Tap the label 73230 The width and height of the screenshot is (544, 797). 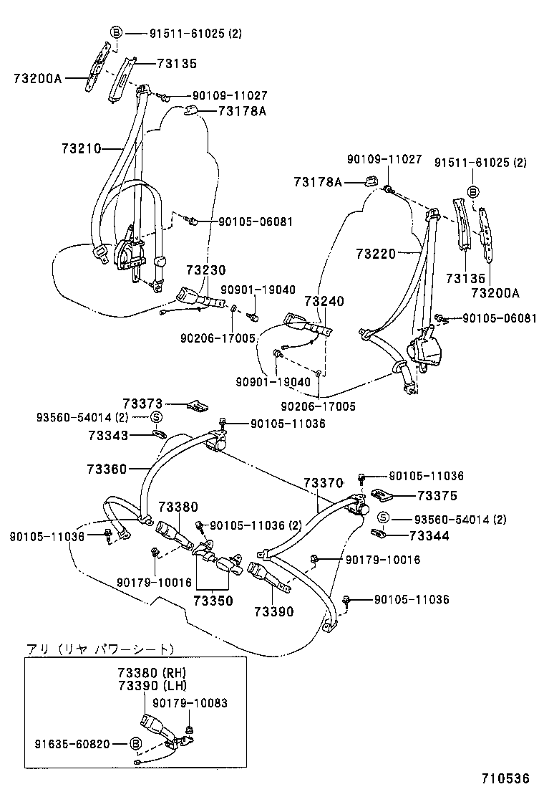(205, 270)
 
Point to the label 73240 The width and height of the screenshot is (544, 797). (324, 302)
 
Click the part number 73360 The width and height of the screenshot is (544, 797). (107, 469)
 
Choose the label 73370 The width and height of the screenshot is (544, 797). (324, 484)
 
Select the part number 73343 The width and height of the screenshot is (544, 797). (108, 435)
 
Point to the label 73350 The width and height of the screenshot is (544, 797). (213, 601)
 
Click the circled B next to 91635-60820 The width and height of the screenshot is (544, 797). (135, 745)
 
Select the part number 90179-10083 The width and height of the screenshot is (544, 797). (190, 703)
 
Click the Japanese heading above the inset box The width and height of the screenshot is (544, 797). (99, 649)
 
